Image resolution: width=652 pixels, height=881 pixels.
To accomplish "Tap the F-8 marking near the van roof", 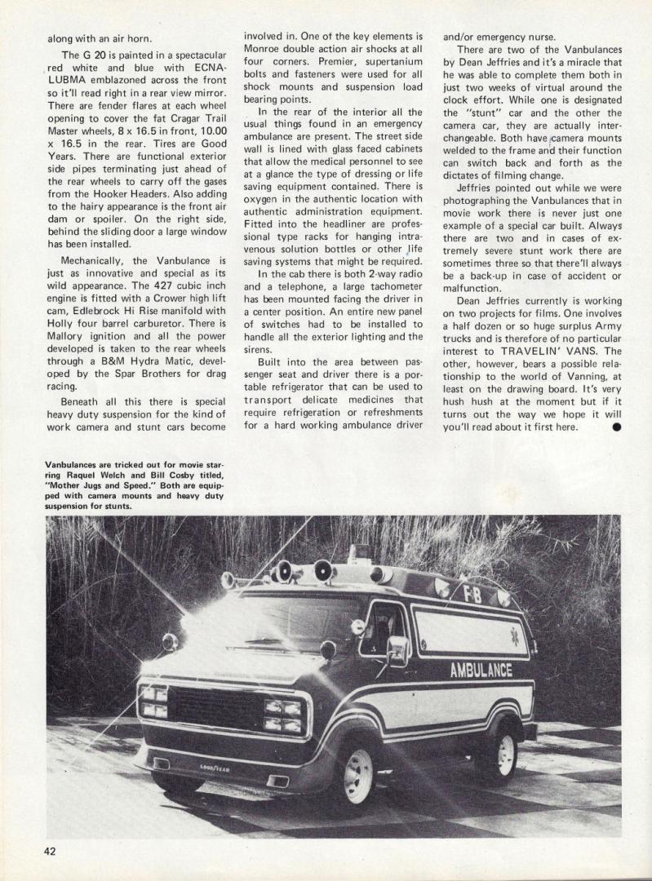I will (472, 595).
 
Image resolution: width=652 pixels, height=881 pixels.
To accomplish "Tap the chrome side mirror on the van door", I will (397, 650).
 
